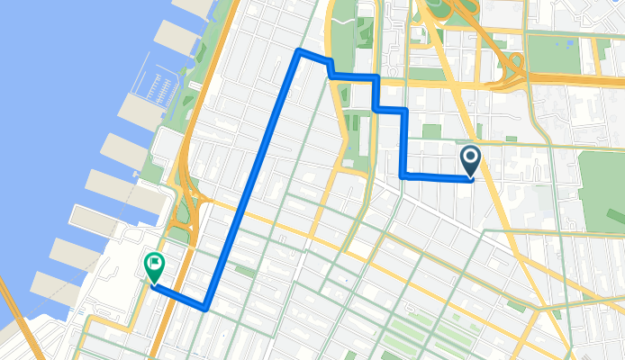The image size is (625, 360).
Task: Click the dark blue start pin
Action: pos(470,161)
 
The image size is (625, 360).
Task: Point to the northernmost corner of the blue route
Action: pos(299,50)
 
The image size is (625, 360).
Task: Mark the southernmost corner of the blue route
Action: pos(206,308)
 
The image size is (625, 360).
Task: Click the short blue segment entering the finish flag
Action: pos(178,297)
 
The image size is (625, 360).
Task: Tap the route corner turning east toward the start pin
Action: pos(402,175)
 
